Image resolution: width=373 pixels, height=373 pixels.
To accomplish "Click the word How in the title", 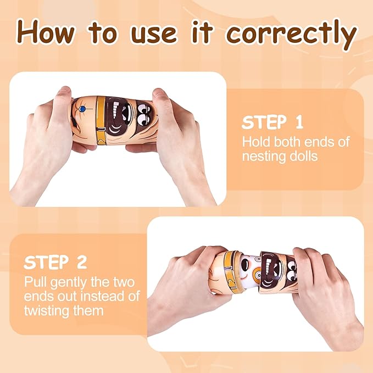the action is (46, 32).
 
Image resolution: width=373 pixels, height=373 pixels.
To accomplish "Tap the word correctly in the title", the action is (291, 35).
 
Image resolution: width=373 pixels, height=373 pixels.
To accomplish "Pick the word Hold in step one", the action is (256, 142).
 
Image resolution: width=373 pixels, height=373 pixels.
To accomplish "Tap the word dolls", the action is (306, 156).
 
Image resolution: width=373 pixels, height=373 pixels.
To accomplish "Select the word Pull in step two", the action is (36, 282).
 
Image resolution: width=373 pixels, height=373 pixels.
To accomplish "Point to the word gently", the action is (69, 283).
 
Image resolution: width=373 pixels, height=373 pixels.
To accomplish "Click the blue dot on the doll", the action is (82, 109).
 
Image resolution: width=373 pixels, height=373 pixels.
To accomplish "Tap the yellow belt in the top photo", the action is (101, 121).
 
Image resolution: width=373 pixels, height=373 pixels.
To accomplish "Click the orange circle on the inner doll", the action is (257, 274).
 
